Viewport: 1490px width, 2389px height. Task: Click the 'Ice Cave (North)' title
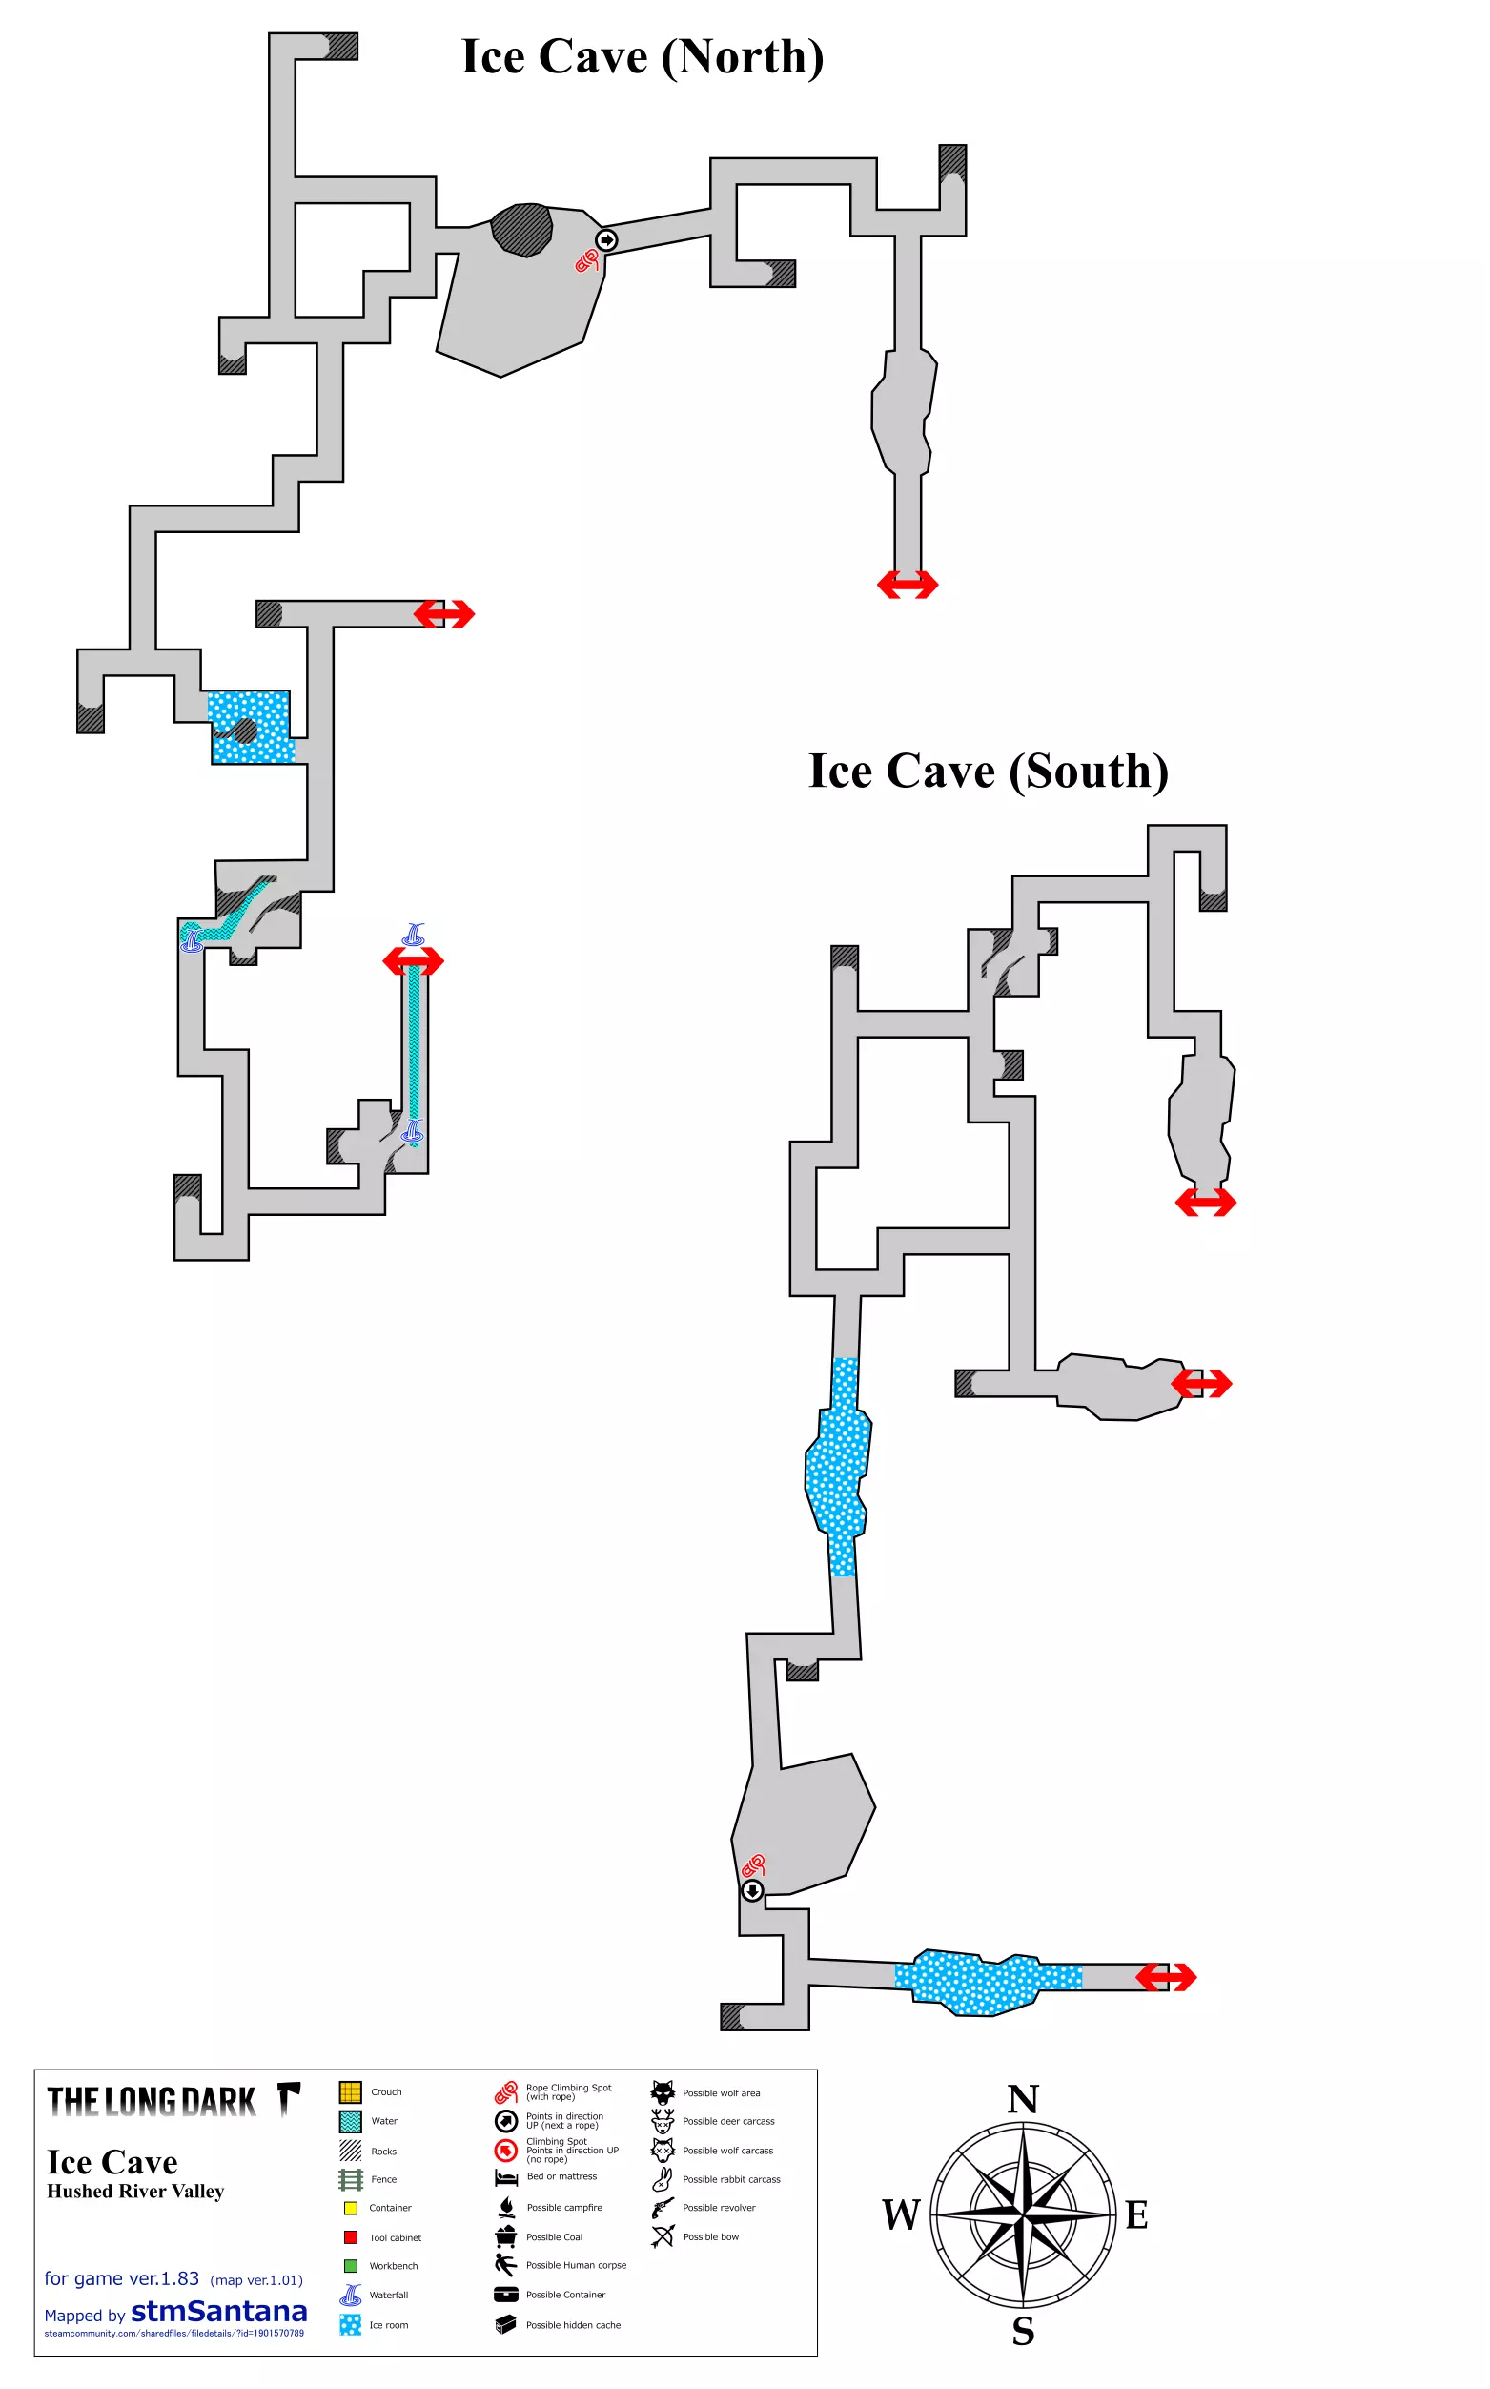[642, 57]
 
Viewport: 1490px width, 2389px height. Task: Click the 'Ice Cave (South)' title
[989, 772]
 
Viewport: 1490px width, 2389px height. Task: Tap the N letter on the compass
[1023, 2099]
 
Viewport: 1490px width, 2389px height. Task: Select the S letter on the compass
[1023, 2331]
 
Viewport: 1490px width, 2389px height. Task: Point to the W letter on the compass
[901, 2214]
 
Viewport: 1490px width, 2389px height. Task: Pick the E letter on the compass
[1136, 2215]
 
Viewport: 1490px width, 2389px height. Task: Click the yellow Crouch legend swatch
[350, 2092]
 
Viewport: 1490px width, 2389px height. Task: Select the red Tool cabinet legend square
[350, 2237]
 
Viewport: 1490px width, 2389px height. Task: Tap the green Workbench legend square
[350, 2266]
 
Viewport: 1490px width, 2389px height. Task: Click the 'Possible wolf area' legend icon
[663, 2091]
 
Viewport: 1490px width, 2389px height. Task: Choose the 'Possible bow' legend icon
[663, 2236]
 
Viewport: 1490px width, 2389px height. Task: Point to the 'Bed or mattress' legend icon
[505, 2177]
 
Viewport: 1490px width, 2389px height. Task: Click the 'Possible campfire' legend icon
[506, 2207]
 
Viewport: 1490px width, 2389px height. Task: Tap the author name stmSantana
[218, 2311]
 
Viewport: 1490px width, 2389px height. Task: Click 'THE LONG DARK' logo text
[152, 2102]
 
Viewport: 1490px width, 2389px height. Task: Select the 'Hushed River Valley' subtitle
[136, 2191]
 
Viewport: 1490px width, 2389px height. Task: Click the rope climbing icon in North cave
[587, 260]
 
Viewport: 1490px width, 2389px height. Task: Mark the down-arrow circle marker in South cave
[752, 1890]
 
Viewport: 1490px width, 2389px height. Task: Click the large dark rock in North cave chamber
[521, 230]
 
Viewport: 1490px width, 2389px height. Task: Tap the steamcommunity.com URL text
[174, 2333]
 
